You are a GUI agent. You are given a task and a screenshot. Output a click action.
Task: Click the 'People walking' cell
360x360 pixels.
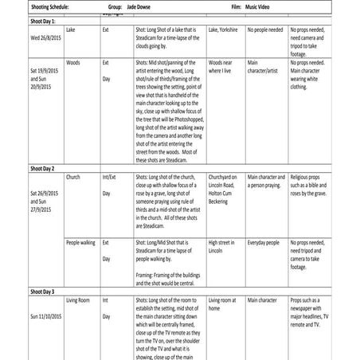[81, 240]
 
